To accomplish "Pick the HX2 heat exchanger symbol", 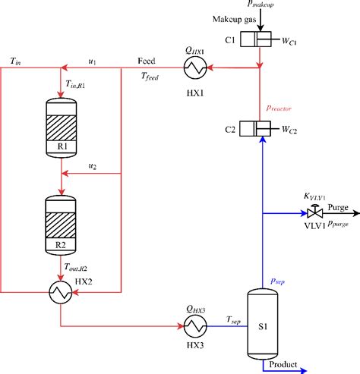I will (x=60, y=291).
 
